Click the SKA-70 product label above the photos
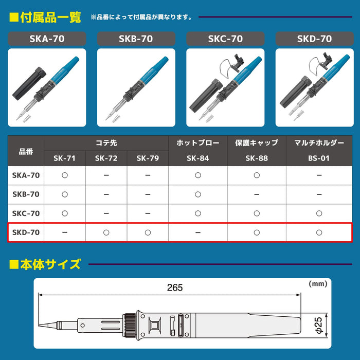(x=47, y=39)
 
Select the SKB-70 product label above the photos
(x=136, y=39)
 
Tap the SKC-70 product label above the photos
(x=225, y=39)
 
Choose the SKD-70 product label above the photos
(x=314, y=39)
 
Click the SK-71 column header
(x=65, y=158)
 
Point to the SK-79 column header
(x=148, y=158)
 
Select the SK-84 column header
(x=198, y=158)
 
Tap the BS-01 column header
(x=319, y=158)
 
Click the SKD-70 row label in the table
(x=26, y=232)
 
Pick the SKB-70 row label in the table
(x=26, y=194)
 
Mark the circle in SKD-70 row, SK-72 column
(x=106, y=232)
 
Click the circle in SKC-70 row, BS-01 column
(x=319, y=213)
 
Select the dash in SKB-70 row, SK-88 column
(x=257, y=194)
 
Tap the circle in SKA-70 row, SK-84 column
(x=198, y=175)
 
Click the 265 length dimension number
(x=175, y=288)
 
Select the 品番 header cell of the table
(x=26, y=152)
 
